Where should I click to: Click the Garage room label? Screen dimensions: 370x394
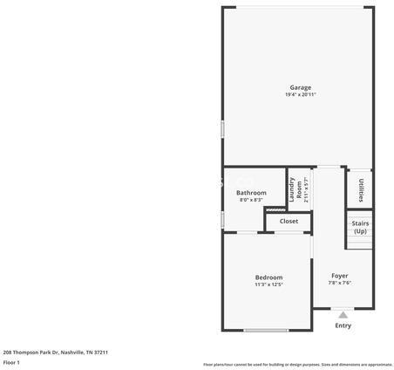coord(300,87)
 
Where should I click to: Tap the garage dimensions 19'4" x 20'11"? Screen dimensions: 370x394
coord(300,94)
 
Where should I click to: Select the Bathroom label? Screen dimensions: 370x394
coord(251,192)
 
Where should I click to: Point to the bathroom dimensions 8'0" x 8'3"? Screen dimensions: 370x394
coord(251,200)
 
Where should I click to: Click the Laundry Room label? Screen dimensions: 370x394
coord(295,189)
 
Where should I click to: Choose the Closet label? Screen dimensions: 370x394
coord(289,221)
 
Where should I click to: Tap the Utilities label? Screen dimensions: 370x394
coord(362,189)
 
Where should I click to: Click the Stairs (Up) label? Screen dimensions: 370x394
coord(360,227)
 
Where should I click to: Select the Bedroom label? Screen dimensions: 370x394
coord(268,277)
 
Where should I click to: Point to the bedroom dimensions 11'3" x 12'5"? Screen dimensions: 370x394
coord(268,285)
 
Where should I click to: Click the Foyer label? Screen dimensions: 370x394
coord(340,275)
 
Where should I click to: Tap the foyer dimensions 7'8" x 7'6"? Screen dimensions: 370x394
coord(340,283)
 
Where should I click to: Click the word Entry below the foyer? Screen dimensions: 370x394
coord(343,325)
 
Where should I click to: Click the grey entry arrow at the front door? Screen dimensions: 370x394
coord(343,314)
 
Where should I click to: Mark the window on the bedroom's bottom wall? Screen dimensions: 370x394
coord(266,330)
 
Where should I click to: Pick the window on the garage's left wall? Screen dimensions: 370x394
coord(223,128)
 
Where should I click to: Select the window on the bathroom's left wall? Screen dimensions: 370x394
coord(223,218)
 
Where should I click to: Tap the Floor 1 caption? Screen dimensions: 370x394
coord(11,362)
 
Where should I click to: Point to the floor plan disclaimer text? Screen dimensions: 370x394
coord(297,364)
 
